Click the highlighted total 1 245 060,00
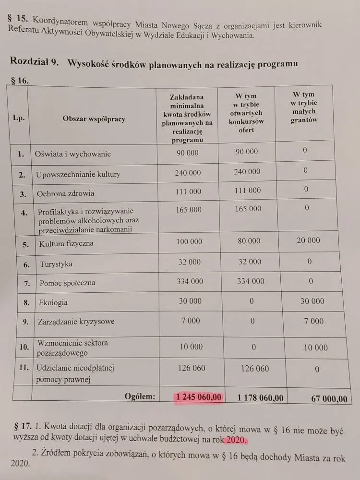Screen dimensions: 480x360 [x=199, y=397]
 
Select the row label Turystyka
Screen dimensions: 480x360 [x=56, y=264]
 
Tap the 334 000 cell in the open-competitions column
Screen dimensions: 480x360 [x=251, y=281]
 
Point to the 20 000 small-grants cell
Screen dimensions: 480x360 [x=308, y=240]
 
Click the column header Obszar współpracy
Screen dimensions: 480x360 [x=94, y=119]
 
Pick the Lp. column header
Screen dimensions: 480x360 [x=19, y=117]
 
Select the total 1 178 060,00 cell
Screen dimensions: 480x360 [x=261, y=397]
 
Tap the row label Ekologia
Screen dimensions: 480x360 [x=53, y=302]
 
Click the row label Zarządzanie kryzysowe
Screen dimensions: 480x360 [x=76, y=321]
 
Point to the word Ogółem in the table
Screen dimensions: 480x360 [x=140, y=396]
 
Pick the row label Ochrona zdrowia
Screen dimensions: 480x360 [x=65, y=193]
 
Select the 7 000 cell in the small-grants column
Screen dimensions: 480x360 [x=313, y=321]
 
